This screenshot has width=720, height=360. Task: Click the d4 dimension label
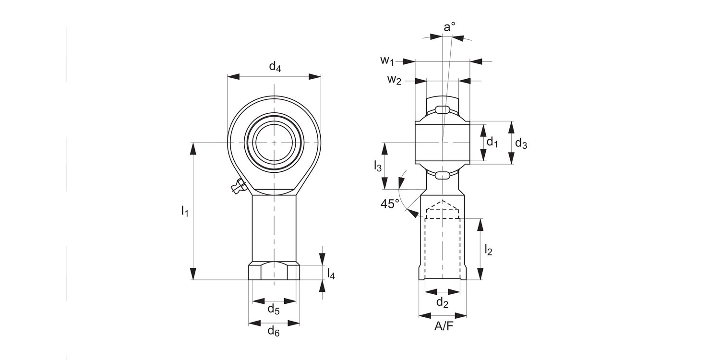coord(275,67)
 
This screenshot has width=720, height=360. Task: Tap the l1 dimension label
coord(184,210)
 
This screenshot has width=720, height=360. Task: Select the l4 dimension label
coord(331,274)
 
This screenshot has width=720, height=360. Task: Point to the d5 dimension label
coord(274,310)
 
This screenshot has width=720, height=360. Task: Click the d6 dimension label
coord(274,331)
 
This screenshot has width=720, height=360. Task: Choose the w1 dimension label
coord(387,60)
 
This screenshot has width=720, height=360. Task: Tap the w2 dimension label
coord(394,80)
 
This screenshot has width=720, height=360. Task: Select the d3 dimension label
coord(521,143)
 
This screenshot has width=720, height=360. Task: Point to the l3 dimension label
coord(378,166)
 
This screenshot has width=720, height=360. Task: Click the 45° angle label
coord(390,204)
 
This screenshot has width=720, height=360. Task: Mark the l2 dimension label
coord(488,250)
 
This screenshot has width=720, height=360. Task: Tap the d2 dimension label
coord(442,303)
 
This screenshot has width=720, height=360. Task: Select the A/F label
coord(443,327)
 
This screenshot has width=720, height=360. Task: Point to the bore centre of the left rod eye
coord(274,143)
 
